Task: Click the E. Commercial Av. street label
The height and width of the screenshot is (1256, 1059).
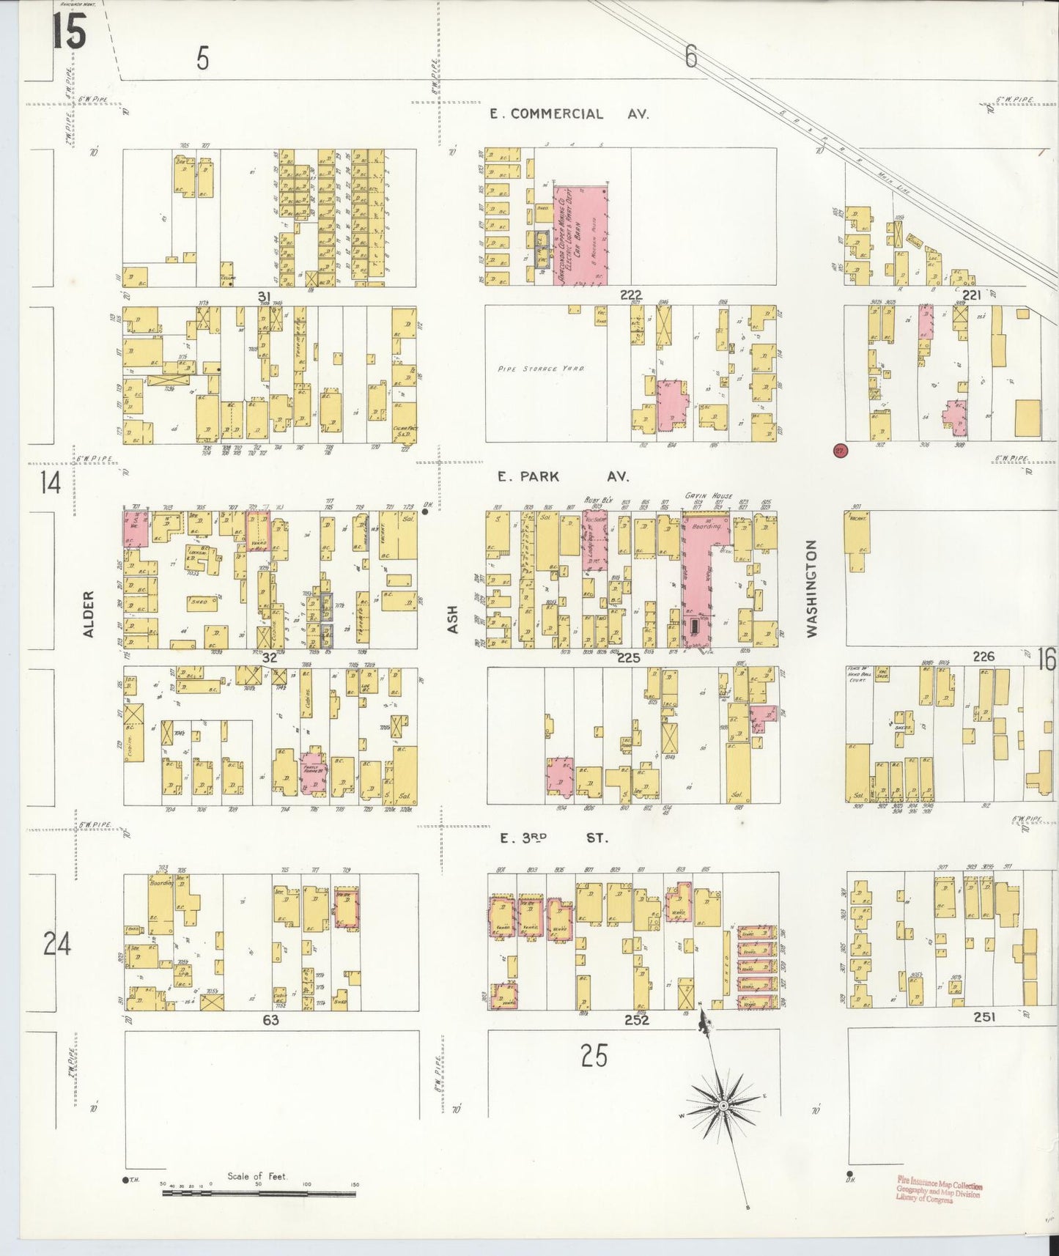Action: (568, 114)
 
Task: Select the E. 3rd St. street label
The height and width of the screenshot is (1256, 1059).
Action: (553, 838)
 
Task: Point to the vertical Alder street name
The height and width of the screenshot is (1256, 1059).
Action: (89, 614)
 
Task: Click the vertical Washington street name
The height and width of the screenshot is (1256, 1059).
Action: (811, 588)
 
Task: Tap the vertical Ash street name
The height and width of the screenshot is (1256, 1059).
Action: (452, 620)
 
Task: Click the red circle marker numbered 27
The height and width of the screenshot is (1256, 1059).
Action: (840, 451)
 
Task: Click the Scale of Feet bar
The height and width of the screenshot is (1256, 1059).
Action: (258, 1194)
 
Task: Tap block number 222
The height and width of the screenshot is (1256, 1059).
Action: (630, 295)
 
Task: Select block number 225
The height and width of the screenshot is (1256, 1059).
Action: (629, 658)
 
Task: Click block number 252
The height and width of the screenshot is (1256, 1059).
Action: (636, 1019)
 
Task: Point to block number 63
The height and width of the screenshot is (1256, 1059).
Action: (270, 1019)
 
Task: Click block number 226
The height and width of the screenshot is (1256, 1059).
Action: (983, 657)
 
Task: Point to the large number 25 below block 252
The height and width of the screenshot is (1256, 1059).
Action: (594, 1056)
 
